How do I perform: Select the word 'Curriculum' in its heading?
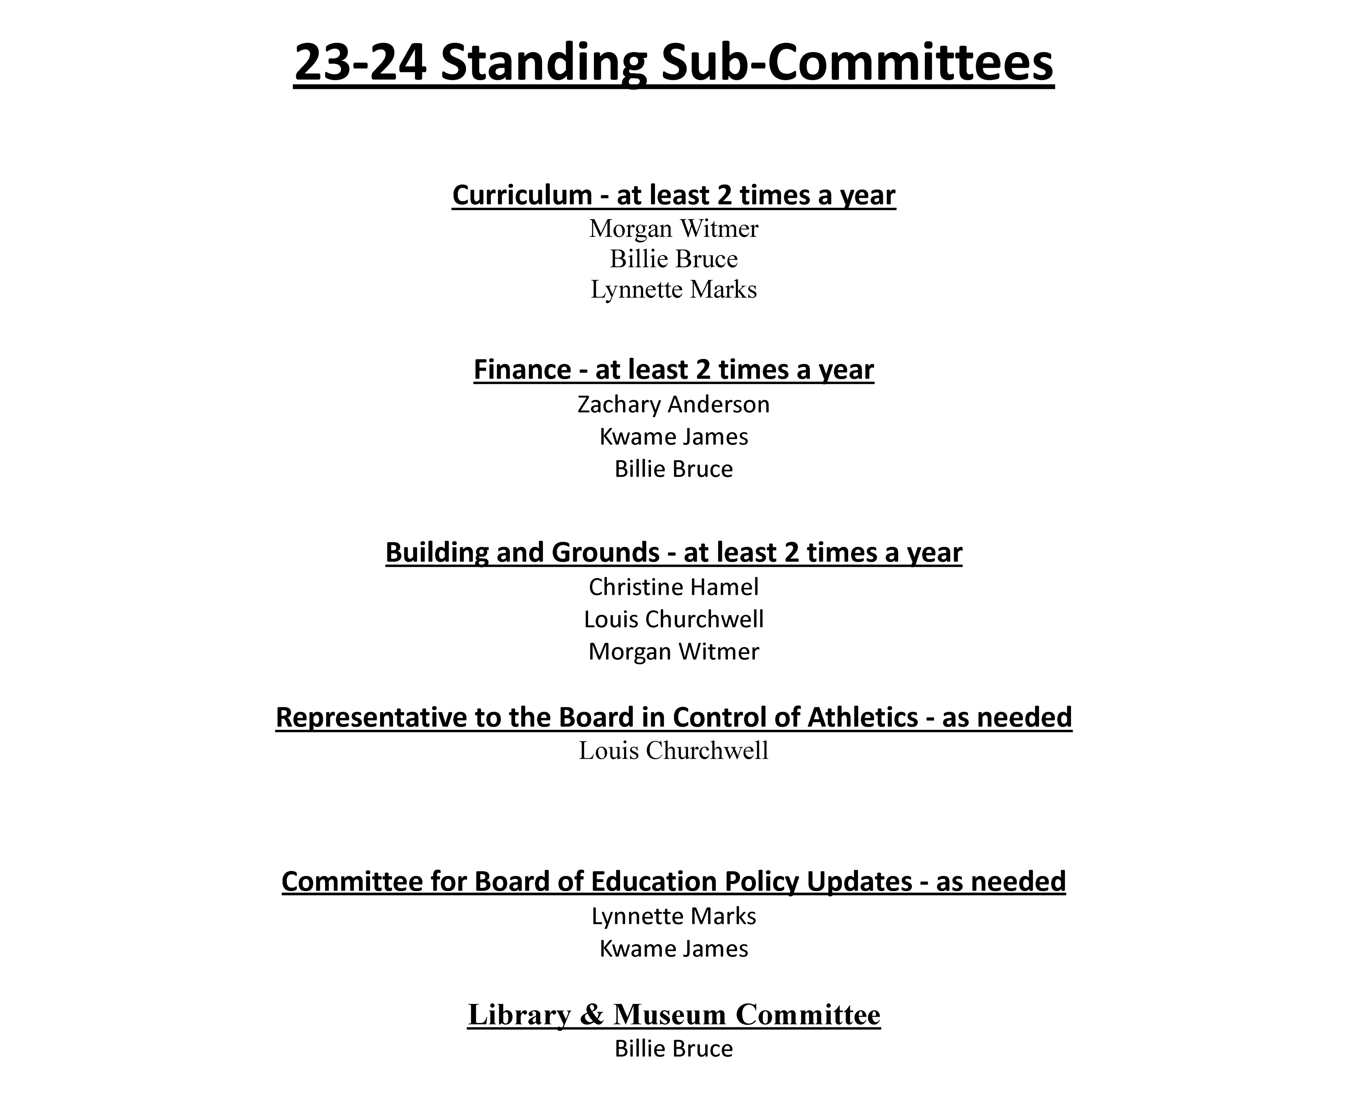click(522, 195)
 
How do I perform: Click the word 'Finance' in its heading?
click(522, 369)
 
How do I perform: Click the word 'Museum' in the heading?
click(668, 1014)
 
